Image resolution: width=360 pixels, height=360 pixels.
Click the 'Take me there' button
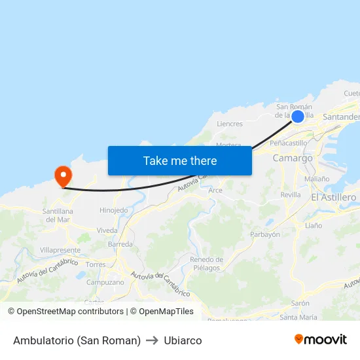pyautogui.click(x=180, y=161)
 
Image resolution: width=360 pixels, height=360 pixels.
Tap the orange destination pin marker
pyautogui.click(x=63, y=175)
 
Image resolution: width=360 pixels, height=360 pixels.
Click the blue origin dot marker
pyautogui.click(x=298, y=117)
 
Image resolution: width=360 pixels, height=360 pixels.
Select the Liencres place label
pyautogui.click(x=229, y=124)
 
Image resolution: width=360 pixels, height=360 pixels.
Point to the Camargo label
pyautogui.click(x=293, y=158)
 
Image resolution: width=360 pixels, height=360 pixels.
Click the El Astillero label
pyautogui.click(x=334, y=197)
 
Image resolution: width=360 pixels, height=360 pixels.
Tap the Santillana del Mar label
pyautogui.click(x=57, y=215)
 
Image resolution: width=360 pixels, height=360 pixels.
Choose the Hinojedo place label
pyautogui.click(x=113, y=211)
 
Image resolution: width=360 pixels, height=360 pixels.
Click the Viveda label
pyautogui.click(x=107, y=230)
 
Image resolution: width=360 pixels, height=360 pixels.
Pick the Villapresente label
pyautogui.click(x=60, y=250)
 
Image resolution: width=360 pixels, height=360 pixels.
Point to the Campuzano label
pyautogui.click(x=104, y=282)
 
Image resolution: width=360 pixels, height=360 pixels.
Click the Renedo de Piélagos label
pyautogui.click(x=206, y=263)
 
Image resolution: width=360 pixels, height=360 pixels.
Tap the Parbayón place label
pyautogui.click(x=265, y=234)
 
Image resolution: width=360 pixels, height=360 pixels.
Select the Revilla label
pyautogui.click(x=290, y=195)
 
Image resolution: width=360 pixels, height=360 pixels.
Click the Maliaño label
pyautogui.click(x=317, y=179)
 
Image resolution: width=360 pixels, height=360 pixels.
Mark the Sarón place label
pyautogui.click(x=300, y=304)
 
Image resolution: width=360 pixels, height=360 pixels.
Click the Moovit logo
pyautogui.click(x=320, y=340)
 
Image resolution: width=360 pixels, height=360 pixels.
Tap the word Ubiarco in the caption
pyautogui.click(x=183, y=340)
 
